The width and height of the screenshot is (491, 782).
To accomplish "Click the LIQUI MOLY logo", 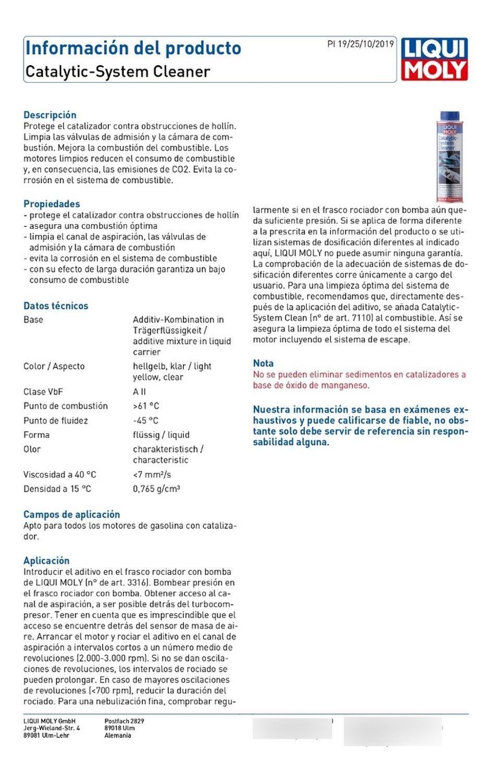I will (434, 59).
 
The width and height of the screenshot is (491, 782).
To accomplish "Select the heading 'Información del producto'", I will (133, 48).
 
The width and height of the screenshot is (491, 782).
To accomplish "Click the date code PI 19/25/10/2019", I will (361, 44).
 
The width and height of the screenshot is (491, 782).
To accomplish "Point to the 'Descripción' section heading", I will (50, 115).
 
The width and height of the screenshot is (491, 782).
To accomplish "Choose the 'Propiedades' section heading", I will (52, 204).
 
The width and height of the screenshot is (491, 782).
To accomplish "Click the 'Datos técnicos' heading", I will (56, 306).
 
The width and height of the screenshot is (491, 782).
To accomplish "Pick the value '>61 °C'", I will (146, 406).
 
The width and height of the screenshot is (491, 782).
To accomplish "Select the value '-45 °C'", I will (145, 421).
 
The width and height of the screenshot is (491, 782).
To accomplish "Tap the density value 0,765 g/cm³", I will (156, 489).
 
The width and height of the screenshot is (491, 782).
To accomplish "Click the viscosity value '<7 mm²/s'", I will (152, 474).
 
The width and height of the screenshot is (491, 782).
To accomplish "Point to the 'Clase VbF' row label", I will (43, 392).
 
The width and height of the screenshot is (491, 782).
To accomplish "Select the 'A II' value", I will (139, 392).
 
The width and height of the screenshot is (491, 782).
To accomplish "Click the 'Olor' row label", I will (32, 449).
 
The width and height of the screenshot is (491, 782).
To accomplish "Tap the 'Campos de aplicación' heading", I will (71, 515).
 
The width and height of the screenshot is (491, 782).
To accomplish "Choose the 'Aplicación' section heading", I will (46, 561).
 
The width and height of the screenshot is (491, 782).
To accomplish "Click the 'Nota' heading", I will (263, 363).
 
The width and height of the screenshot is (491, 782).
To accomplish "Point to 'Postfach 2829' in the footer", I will (124, 722).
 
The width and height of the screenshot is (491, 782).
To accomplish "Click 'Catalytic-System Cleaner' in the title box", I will (118, 71).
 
